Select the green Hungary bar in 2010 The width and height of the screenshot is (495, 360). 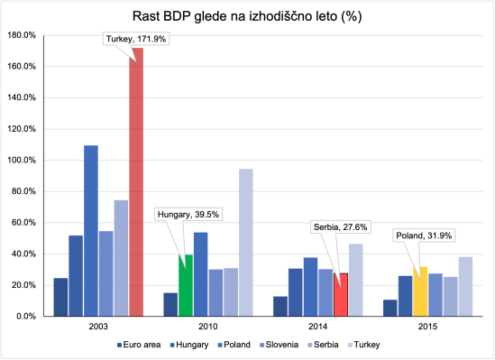(186, 286)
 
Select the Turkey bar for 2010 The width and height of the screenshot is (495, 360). (246, 243)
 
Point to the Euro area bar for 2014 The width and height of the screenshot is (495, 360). (280, 307)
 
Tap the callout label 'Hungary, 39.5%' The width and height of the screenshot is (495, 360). (188, 215)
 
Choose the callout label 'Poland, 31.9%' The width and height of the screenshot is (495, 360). (423, 235)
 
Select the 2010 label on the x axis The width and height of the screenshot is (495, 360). (208, 328)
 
